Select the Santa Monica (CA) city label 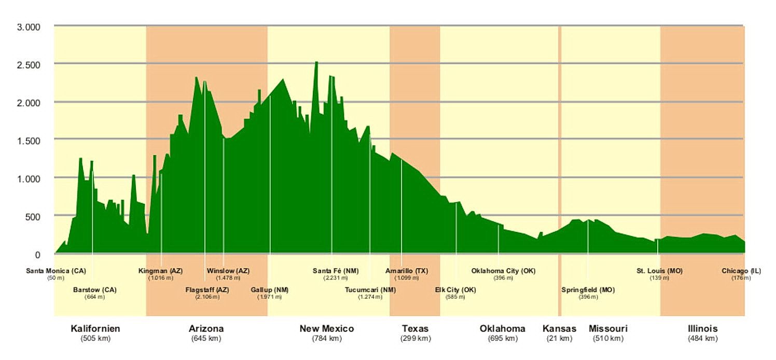pos(56,271)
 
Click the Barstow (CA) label pos(95,290)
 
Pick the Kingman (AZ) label pos(160,271)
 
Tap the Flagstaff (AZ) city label pos(207,290)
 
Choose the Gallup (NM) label pos(270,290)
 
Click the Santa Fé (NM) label pos(336,271)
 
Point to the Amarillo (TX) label pos(406,271)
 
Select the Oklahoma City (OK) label pos(503,271)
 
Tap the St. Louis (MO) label pos(660,271)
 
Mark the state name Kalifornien pos(95,328)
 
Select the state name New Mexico pos(327,328)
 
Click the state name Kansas pos(559,328)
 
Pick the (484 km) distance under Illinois pos(703,339)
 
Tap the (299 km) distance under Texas pos(415,339)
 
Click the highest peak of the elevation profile pos(316,62)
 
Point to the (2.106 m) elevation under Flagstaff pos(207,297)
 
